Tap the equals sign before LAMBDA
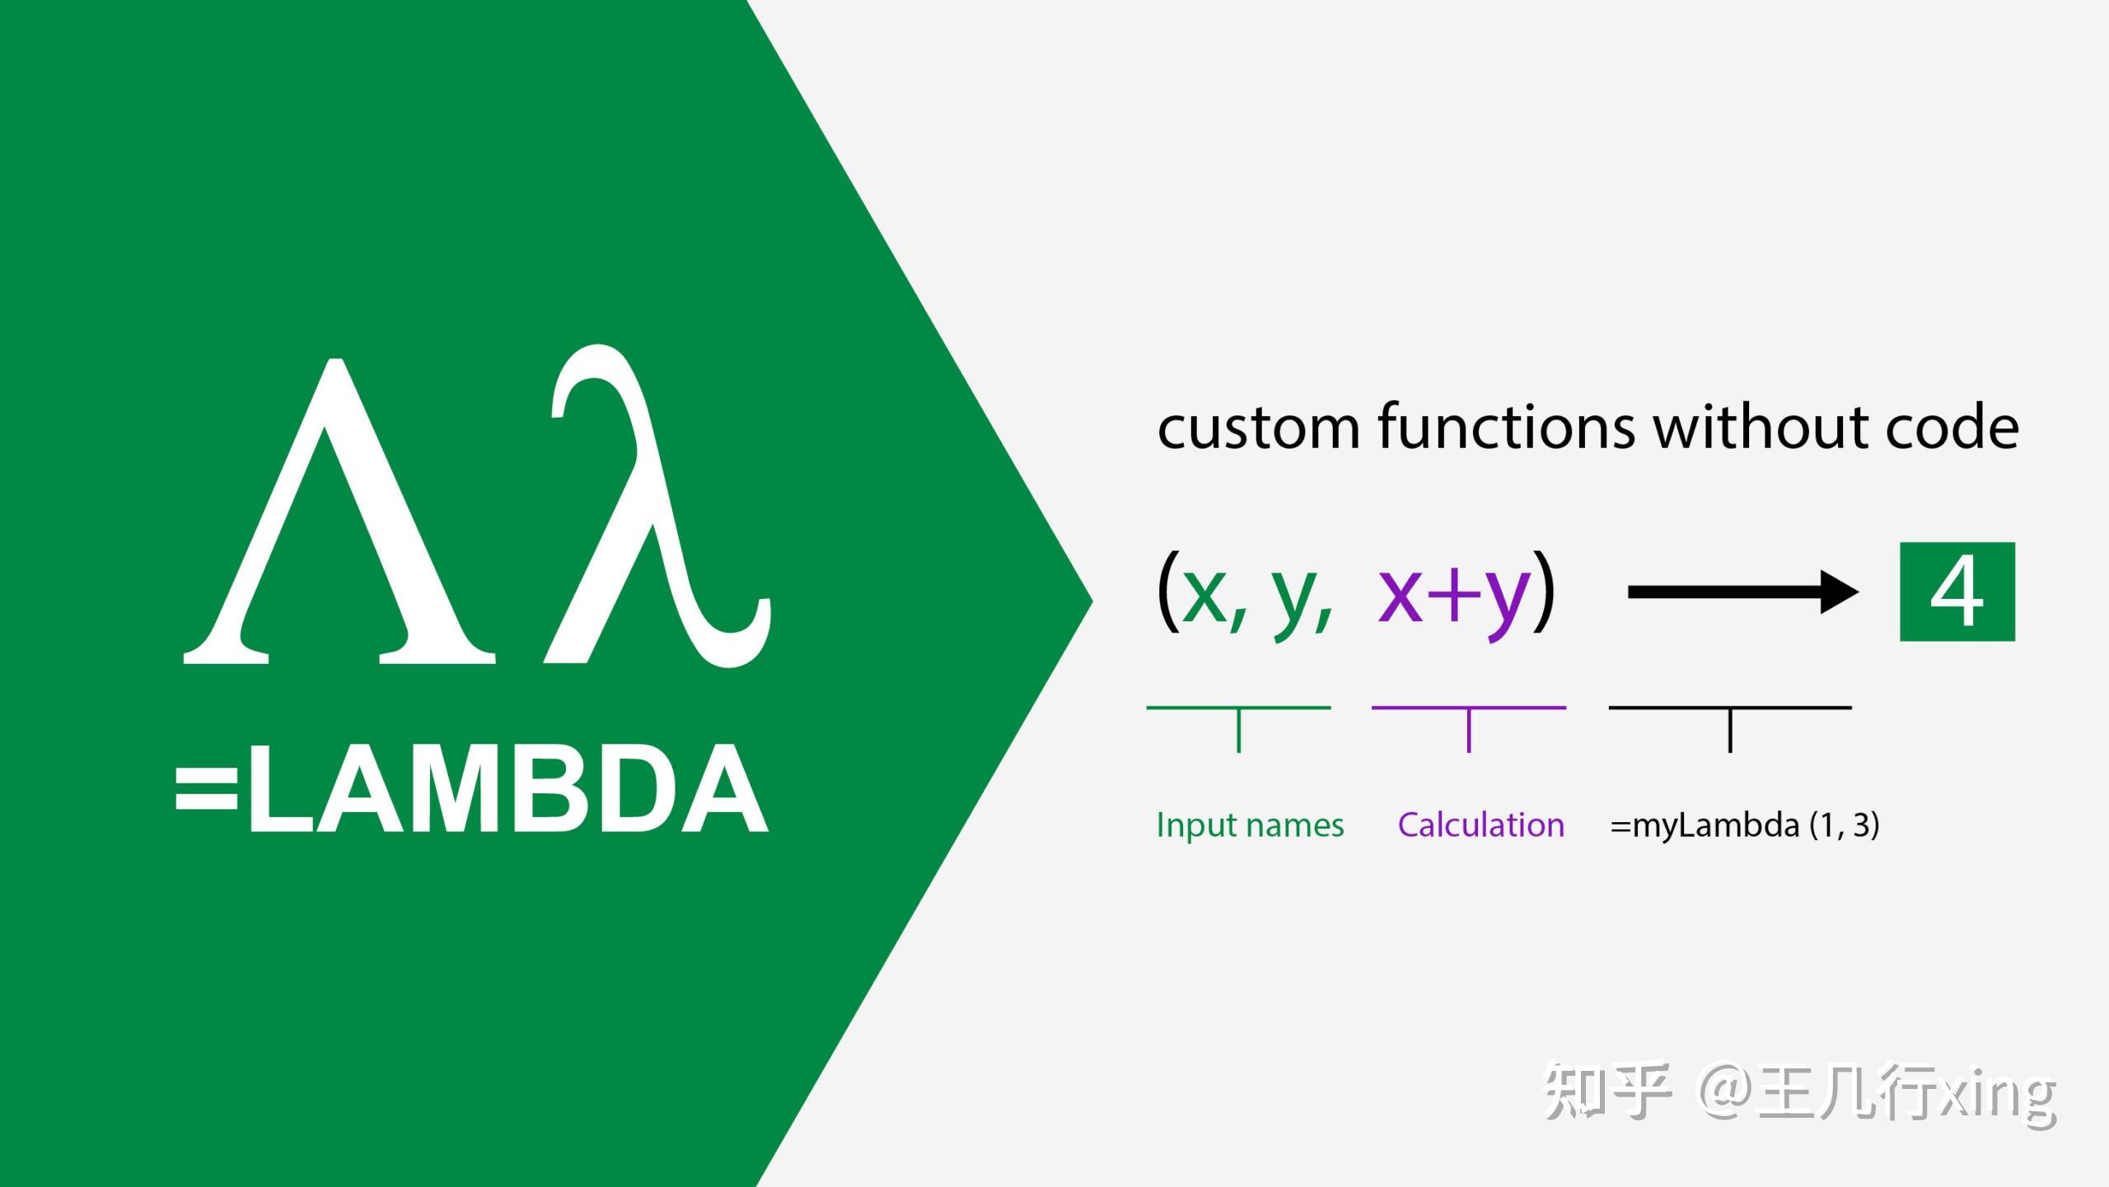207,788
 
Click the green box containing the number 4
1957,591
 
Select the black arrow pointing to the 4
1742,591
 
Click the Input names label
1250,825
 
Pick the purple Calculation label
1480,825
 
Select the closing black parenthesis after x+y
1544,591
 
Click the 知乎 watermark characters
1606,1092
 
